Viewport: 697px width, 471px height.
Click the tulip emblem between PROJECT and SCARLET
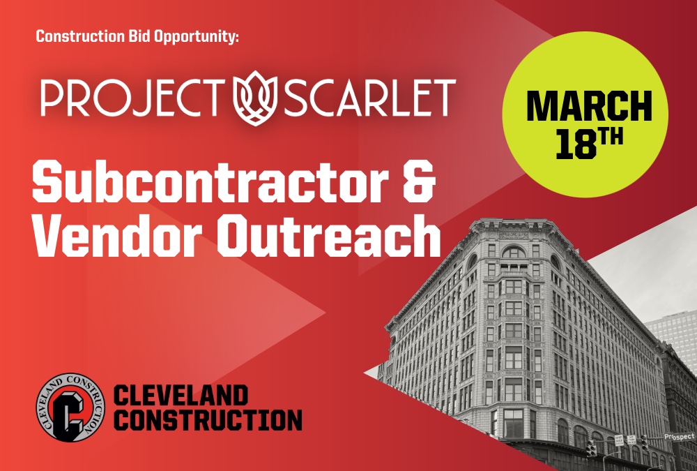pyautogui.click(x=255, y=98)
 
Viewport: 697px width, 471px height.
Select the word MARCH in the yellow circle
pyautogui.click(x=589, y=106)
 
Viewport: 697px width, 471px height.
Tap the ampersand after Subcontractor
pyautogui.click(x=418, y=181)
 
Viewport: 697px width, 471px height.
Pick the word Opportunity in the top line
pyautogui.click(x=196, y=37)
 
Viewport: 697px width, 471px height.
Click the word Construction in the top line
pyautogui.click(x=80, y=36)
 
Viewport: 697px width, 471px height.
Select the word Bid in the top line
pyautogui.click(x=139, y=36)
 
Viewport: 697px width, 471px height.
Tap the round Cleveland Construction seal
pyautogui.click(x=70, y=408)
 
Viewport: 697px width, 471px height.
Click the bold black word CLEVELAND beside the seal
pyautogui.click(x=181, y=396)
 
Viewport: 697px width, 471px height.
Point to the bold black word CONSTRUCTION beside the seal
pyautogui.click(x=208, y=420)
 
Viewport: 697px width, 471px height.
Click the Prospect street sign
pyautogui.click(x=679, y=437)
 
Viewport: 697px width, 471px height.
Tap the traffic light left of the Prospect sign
pyautogui.click(x=644, y=442)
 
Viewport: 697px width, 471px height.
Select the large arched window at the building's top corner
pyautogui.click(x=514, y=252)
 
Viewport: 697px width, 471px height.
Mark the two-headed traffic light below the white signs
pyautogui.click(x=591, y=449)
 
